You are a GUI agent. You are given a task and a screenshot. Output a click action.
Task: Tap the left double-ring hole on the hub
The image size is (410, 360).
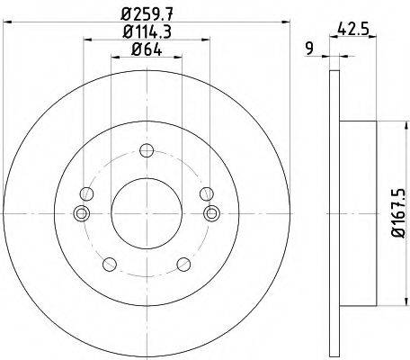click(x=82, y=213)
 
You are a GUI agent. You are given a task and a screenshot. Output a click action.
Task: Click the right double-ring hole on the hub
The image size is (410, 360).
click(x=211, y=213)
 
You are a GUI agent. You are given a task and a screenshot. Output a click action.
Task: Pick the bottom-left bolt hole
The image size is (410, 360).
click(x=109, y=264)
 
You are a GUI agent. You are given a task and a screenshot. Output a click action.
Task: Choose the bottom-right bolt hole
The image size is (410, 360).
click(x=184, y=264)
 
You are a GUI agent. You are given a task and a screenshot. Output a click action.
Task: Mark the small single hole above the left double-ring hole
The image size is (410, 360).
click(x=86, y=193)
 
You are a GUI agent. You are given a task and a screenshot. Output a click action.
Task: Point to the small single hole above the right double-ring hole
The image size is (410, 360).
click(x=207, y=193)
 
